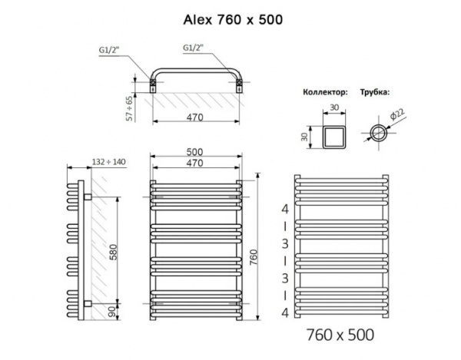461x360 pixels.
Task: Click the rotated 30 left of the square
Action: click(x=303, y=136)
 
